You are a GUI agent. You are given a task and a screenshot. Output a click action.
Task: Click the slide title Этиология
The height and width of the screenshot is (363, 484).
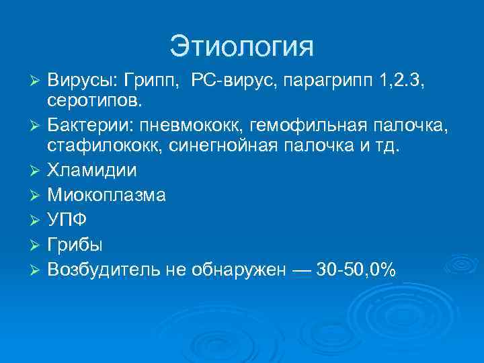tap(241, 46)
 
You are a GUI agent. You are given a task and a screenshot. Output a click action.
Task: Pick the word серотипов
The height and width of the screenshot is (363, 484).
tap(94, 101)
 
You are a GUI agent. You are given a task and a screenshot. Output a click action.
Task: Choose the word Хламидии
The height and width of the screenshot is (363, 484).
tap(92, 170)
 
